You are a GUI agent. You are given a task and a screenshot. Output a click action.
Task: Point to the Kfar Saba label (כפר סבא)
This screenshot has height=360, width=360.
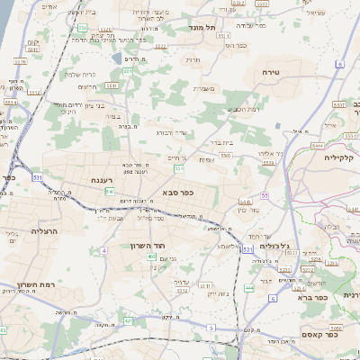180,192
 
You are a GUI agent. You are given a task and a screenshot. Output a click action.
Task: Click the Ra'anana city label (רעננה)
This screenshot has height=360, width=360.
100,180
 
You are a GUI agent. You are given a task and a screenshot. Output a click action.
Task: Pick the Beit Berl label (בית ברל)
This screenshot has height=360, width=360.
221,141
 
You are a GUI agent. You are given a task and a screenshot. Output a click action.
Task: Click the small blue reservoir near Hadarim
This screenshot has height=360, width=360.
117,58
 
